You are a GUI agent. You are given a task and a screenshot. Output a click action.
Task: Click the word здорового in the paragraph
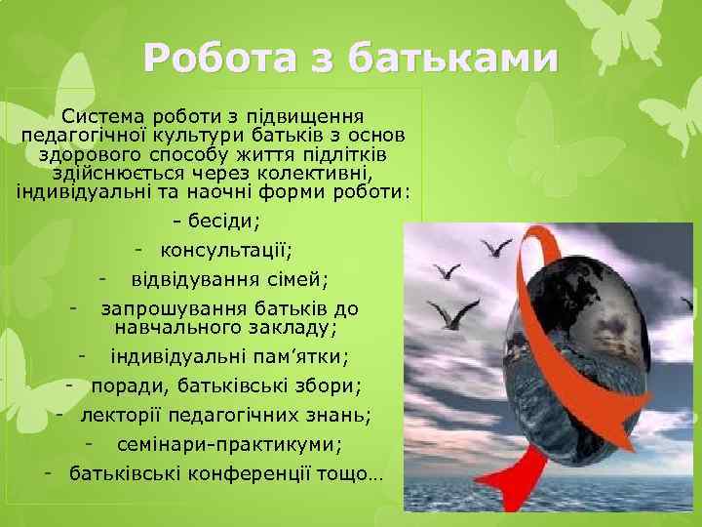(86, 152)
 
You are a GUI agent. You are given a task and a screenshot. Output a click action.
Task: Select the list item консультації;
(226, 252)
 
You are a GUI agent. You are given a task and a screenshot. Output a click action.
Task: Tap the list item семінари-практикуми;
(229, 445)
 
